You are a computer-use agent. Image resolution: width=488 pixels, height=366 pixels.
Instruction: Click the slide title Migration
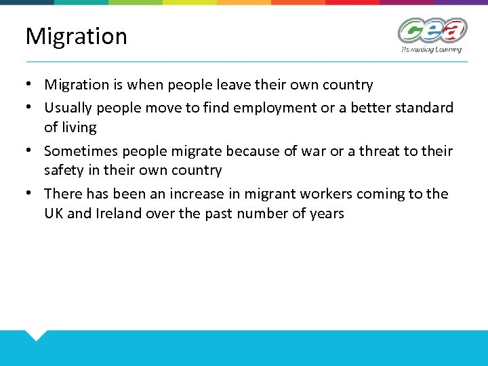pos(76,36)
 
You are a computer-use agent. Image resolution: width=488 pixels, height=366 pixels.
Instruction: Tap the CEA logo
pos(432,30)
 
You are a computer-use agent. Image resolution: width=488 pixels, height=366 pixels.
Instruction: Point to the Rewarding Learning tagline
pos(431,49)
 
